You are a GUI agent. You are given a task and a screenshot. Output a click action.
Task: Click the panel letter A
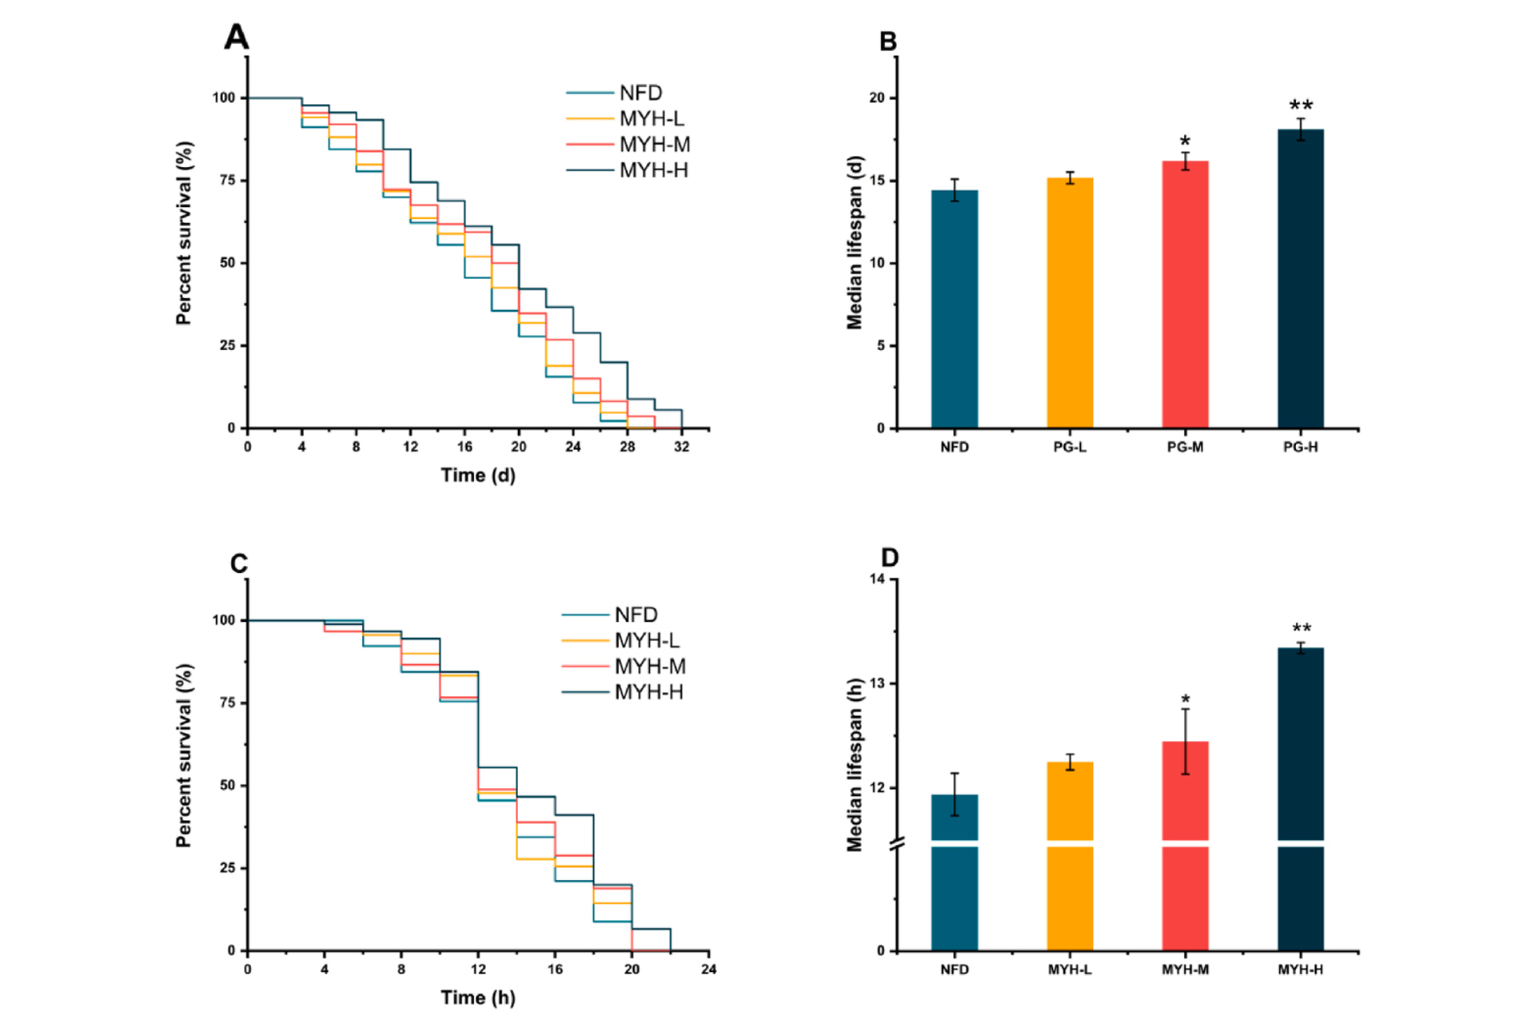tap(236, 37)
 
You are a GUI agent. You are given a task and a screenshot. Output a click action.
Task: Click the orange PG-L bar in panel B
tap(1070, 304)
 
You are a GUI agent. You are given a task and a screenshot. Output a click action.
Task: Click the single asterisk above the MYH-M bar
tap(1185, 700)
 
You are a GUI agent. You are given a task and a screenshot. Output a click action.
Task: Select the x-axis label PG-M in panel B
tap(1185, 447)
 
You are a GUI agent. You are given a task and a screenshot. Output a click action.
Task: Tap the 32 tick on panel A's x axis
tap(681, 447)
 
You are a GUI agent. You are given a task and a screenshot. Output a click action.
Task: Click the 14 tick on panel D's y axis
tap(877, 579)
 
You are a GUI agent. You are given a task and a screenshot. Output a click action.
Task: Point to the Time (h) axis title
tap(478, 997)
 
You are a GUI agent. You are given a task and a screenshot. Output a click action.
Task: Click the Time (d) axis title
tap(478, 476)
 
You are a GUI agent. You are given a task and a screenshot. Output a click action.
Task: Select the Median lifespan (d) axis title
tap(855, 242)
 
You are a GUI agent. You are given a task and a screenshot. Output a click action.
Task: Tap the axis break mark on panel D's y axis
tap(897, 843)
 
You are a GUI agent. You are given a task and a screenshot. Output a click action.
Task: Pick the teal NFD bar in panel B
tap(955, 312)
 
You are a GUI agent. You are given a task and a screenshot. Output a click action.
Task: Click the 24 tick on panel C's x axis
tap(708, 969)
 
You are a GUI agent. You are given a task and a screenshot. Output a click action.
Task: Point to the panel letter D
tap(889, 558)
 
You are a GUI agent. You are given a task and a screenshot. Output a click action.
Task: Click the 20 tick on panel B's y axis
tap(877, 98)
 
